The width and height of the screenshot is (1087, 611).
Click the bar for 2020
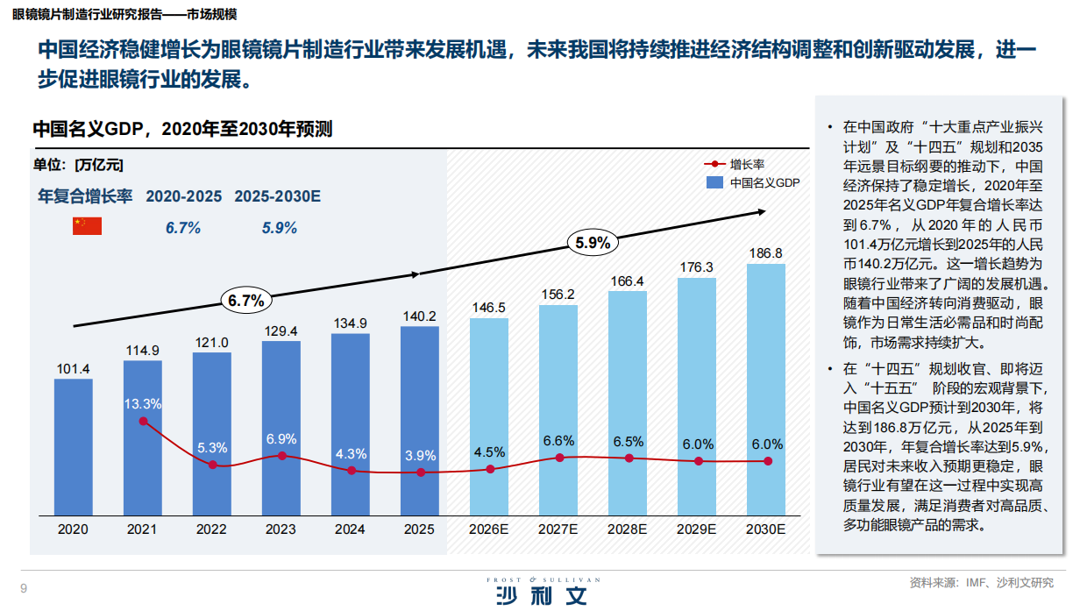pos(73,447)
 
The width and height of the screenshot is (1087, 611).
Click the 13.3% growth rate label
pos(142,404)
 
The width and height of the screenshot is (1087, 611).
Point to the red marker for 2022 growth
pos(212,465)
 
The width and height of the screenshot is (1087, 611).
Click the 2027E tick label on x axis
pos(558,529)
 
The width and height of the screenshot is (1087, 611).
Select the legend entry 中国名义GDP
pos(754,182)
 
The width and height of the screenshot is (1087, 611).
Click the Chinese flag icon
pos(87,226)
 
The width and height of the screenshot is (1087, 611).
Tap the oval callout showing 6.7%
pos(246,301)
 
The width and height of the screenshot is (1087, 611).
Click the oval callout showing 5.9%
pos(593,244)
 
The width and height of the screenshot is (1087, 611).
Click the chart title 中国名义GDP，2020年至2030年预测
pos(182,129)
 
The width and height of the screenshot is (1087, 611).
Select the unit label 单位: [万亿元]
pos(79,164)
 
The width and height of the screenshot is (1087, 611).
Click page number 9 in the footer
pos(24,587)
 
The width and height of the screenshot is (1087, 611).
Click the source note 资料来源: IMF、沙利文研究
pos(981,583)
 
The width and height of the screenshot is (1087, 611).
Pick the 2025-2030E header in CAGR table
pos(277,196)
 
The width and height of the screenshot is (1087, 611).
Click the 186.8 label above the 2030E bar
pos(765,253)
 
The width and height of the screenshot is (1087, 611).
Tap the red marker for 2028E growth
pos(629,458)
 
